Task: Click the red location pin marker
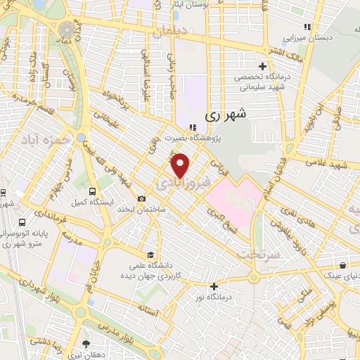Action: coord(181,166)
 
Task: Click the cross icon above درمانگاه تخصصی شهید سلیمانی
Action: coord(262,65)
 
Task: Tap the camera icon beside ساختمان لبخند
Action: coord(142,198)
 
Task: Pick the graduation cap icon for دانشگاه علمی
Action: coord(150,255)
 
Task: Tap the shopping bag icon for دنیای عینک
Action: coord(342,266)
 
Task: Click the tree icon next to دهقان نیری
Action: coord(86,344)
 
